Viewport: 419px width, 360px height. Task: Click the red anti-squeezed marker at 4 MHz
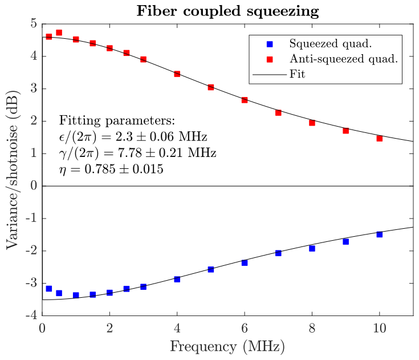point(177,74)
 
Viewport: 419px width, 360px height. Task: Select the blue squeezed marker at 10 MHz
point(379,234)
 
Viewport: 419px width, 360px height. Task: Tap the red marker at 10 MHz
point(379,138)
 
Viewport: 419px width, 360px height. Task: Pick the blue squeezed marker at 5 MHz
point(211,269)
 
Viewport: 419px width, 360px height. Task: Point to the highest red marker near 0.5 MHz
point(59,33)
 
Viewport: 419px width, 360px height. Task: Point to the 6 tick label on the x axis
point(245,329)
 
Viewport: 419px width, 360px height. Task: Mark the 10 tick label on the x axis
point(379,329)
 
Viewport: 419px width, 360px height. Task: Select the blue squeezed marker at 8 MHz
point(312,248)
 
